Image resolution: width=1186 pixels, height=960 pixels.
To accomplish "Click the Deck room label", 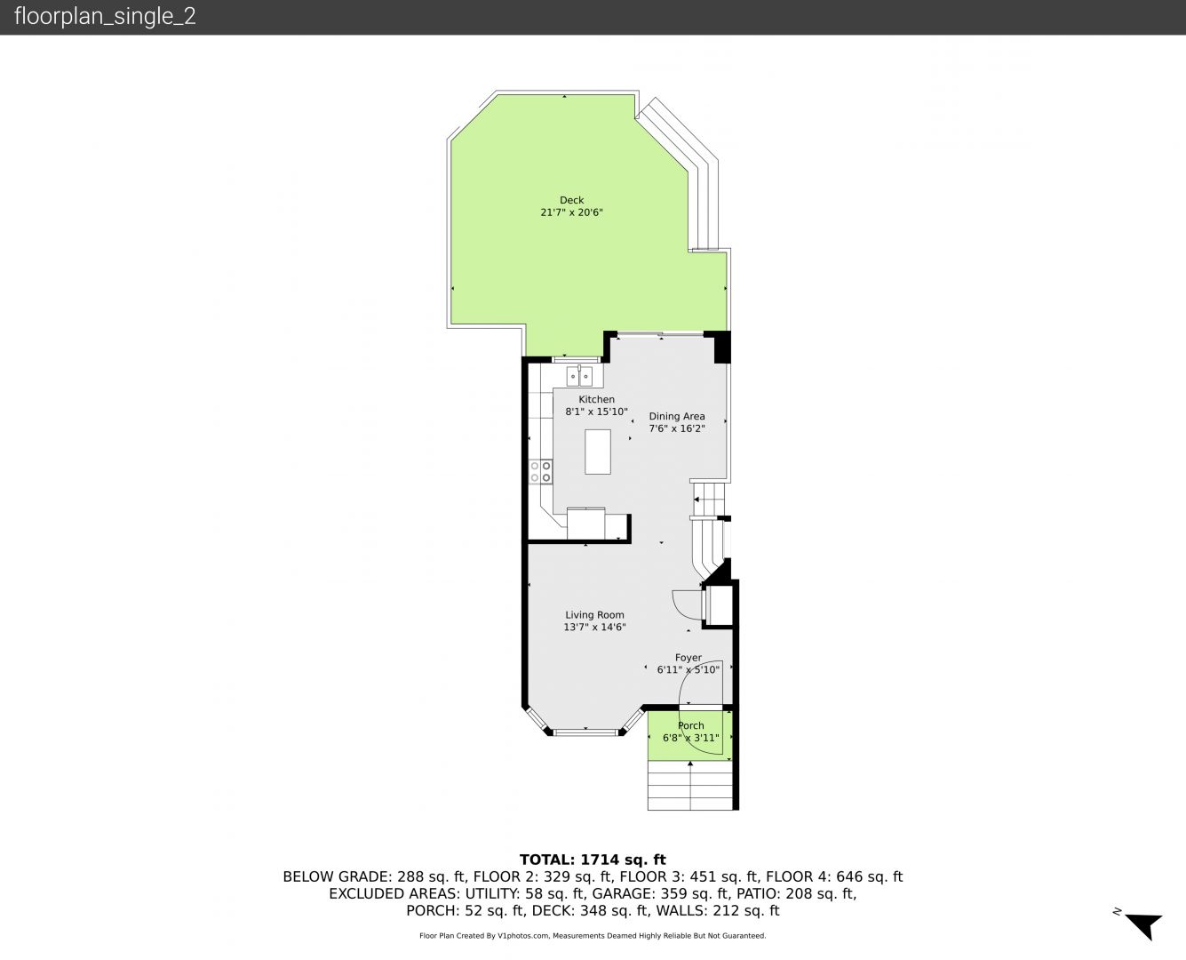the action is [x=571, y=200].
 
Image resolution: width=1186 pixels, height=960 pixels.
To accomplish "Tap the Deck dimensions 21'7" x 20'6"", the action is [x=571, y=212].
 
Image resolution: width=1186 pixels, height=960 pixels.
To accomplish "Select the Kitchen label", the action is [x=596, y=399].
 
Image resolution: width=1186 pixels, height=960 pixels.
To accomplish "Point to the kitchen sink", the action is [x=579, y=376].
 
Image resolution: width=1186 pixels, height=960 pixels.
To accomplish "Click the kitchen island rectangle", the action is [x=598, y=452].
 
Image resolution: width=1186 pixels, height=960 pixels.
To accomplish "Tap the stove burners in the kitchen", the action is [x=541, y=471].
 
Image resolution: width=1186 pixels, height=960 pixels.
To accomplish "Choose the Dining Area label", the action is [x=677, y=416].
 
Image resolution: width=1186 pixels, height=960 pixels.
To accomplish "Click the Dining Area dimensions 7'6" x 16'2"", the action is [x=677, y=428].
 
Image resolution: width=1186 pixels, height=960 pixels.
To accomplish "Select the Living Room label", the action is [x=594, y=615].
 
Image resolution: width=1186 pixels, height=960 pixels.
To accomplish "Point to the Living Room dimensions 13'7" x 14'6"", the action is [x=594, y=628].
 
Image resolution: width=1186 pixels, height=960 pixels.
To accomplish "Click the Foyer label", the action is [x=689, y=658].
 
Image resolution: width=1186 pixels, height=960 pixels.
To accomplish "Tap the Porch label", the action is [x=691, y=725].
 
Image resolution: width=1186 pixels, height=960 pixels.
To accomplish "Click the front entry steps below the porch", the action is [x=690, y=785].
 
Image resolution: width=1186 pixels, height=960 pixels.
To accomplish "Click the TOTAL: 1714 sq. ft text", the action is [x=593, y=860].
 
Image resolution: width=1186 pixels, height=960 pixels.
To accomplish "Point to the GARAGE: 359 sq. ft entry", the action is [x=660, y=893].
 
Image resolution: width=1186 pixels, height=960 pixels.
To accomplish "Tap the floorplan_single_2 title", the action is [x=105, y=17].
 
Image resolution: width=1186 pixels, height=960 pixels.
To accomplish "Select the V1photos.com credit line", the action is [x=593, y=936].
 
